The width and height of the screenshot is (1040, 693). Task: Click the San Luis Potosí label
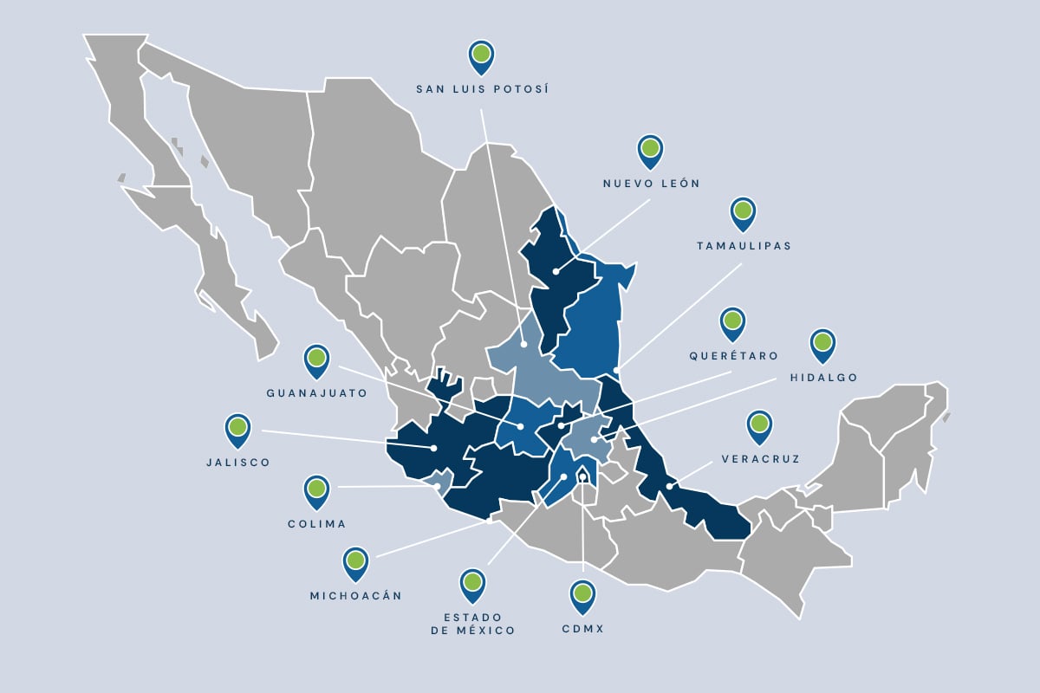[483, 89]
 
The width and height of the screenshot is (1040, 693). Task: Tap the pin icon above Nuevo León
[650, 151]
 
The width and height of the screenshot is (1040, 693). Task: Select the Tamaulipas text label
[744, 246]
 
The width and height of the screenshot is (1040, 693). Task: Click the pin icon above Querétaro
[733, 322]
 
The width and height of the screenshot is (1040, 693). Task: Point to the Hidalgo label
[823, 378]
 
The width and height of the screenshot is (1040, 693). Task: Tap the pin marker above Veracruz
[760, 425]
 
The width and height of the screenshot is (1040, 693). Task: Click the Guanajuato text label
[316, 392]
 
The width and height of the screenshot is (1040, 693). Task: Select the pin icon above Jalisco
[237, 429]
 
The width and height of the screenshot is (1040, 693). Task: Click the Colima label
[316, 524]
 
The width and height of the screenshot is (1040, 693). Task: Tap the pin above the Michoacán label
[355, 562]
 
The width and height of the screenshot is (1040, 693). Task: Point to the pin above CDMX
[582, 595]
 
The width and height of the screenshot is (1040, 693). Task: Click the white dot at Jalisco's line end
[433, 448]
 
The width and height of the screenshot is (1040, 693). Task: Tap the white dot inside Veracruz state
[669, 487]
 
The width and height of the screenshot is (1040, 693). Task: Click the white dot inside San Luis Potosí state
[524, 345]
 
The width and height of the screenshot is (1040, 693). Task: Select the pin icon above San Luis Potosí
[482, 56]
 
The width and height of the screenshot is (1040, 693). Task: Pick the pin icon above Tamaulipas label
[743, 212]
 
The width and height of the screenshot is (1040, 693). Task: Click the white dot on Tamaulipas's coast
[617, 371]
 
